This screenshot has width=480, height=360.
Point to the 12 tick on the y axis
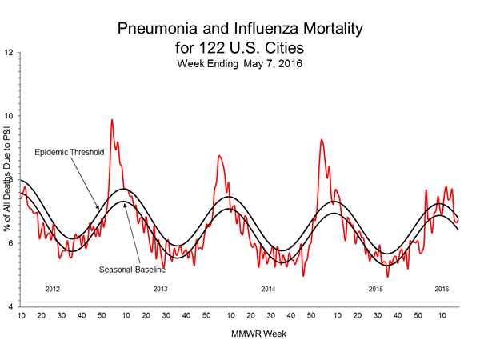click(8, 52)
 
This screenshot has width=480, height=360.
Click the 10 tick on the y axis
click(8, 115)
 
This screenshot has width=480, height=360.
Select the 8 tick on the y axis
click(10, 179)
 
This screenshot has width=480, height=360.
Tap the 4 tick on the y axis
click(10, 307)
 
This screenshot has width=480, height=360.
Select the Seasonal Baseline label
click(132, 269)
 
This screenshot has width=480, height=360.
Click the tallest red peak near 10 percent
click(112, 120)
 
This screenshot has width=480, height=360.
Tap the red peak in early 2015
click(322, 140)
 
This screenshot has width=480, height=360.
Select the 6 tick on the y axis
click(10, 243)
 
